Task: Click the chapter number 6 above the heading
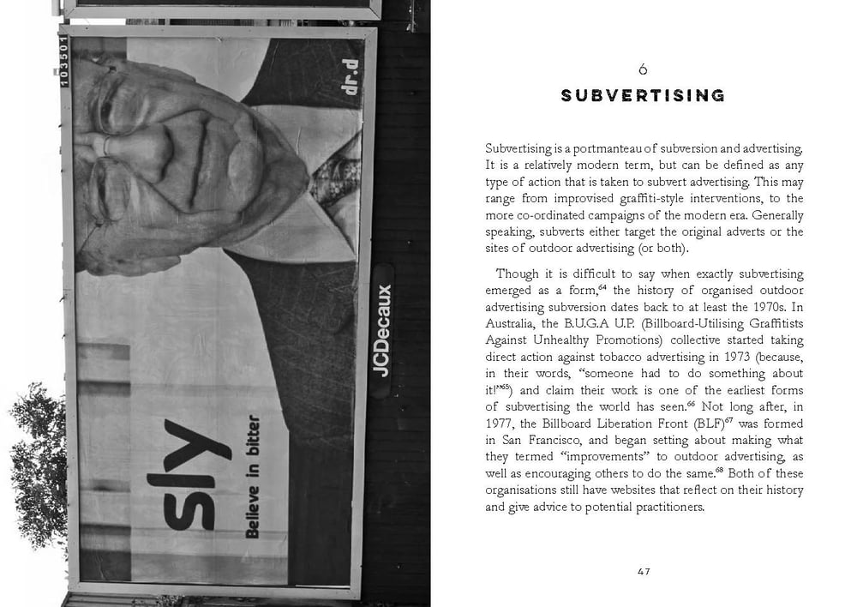(x=643, y=69)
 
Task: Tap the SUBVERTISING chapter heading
(x=643, y=95)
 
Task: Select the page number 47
(x=644, y=572)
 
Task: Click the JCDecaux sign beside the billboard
(x=382, y=330)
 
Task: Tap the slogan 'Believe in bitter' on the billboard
(x=253, y=477)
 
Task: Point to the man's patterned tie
(x=330, y=171)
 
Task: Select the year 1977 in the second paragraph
(x=501, y=424)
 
